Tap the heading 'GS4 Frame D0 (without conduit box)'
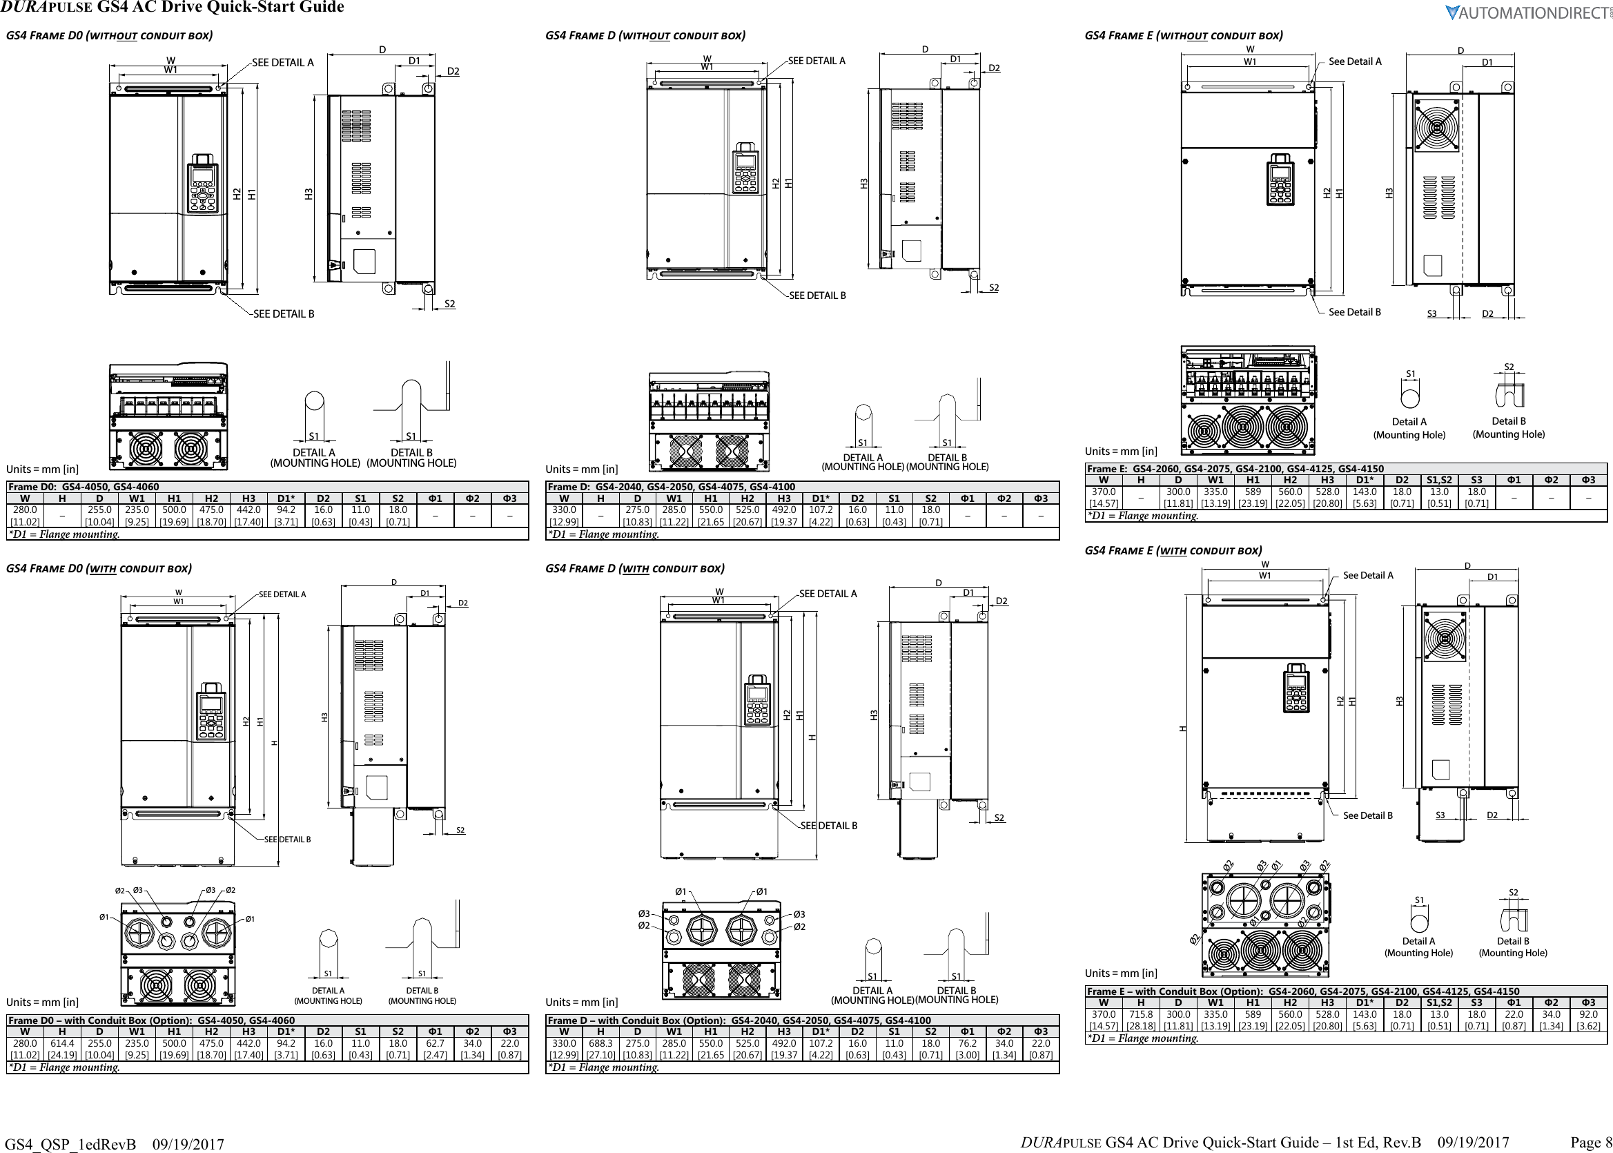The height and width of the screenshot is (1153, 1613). point(109,35)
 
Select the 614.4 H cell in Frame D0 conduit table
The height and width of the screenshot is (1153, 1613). point(61,1048)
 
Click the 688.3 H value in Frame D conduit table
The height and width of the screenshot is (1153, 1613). point(600,1048)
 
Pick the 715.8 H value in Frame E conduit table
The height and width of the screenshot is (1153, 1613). point(1141,1019)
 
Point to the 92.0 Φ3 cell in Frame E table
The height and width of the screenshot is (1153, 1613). point(1588,1019)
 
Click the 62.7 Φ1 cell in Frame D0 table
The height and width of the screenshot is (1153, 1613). point(435,1048)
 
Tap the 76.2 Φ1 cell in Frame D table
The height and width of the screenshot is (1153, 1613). point(968,1048)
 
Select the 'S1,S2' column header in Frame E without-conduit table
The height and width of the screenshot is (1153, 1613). point(1439,480)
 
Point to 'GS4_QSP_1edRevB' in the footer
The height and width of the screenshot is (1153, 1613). point(70,1144)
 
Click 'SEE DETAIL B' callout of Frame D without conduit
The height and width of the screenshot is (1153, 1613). point(817,295)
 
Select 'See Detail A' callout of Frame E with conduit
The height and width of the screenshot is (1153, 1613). point(1368,575)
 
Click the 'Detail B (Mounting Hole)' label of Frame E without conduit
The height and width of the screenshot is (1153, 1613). point(1509,427)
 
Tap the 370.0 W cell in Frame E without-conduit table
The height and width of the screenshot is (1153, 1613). point(1104,497)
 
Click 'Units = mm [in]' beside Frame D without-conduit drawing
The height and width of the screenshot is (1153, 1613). point(581,469)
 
